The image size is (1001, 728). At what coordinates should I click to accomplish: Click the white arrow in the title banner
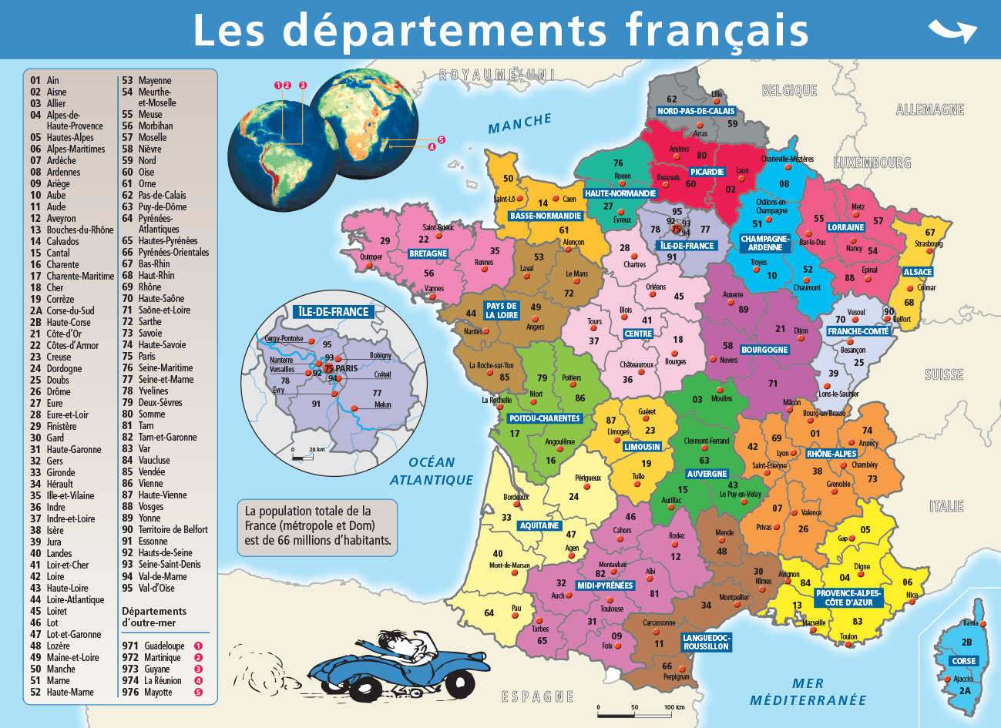(x=952, y=31)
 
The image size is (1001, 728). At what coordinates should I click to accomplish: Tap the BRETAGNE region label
(x=428, y=253)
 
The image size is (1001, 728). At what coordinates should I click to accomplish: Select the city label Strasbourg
(x=929, y=244)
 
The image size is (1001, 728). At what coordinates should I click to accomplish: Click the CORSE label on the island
(x=963, y=661)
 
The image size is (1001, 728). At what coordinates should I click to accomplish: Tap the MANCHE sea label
(x=520, y=122)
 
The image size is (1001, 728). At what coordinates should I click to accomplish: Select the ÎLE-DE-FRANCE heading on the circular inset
(x=334, y=312)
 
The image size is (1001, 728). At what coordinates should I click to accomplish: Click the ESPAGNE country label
(x=538, y=697)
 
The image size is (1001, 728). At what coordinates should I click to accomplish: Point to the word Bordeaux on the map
(x=516, y=497)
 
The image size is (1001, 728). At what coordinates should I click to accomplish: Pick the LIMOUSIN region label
(x=642, y=447)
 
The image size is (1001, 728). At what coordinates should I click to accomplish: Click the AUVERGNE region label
(x=707, y=474)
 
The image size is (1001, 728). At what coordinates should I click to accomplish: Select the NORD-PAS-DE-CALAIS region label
(x=696, y=111)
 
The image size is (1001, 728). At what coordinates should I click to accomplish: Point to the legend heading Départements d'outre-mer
(x=154, y=617)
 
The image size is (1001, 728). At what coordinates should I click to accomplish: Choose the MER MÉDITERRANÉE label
(x=808, y=692)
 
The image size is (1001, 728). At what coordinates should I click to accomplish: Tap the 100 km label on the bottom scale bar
(x=674, y=707)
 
